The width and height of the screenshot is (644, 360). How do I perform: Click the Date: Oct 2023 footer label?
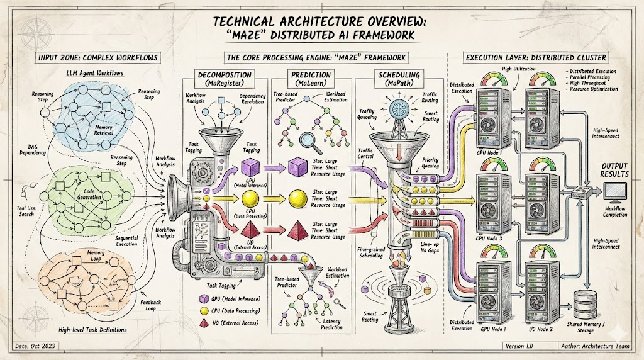point(35,346)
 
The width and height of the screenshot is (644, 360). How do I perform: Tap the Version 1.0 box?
point(519,346)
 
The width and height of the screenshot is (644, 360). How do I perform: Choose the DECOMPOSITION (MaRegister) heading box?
point(225,79)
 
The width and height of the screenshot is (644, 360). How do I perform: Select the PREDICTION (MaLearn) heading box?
point(311,79)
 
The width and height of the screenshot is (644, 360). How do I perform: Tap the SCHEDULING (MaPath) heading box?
point(399,79)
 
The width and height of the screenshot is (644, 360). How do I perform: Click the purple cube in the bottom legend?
point(203,299)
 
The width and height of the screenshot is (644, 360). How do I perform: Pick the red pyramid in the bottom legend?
point(203,323)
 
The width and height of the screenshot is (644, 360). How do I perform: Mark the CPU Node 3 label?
point(489,239)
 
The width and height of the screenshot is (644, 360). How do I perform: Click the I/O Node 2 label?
point(540,329)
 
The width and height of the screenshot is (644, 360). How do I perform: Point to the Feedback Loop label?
point(151,305)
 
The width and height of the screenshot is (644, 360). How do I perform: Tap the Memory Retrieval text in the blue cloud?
point(104,130)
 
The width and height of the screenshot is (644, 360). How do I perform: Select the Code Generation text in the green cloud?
point(89,194)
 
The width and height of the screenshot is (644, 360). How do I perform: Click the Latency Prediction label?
point(331,324)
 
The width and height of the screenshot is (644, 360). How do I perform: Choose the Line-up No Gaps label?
point(430,247)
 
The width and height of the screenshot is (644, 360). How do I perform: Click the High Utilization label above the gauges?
point(519,69)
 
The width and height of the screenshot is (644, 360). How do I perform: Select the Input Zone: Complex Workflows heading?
point(98,58)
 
